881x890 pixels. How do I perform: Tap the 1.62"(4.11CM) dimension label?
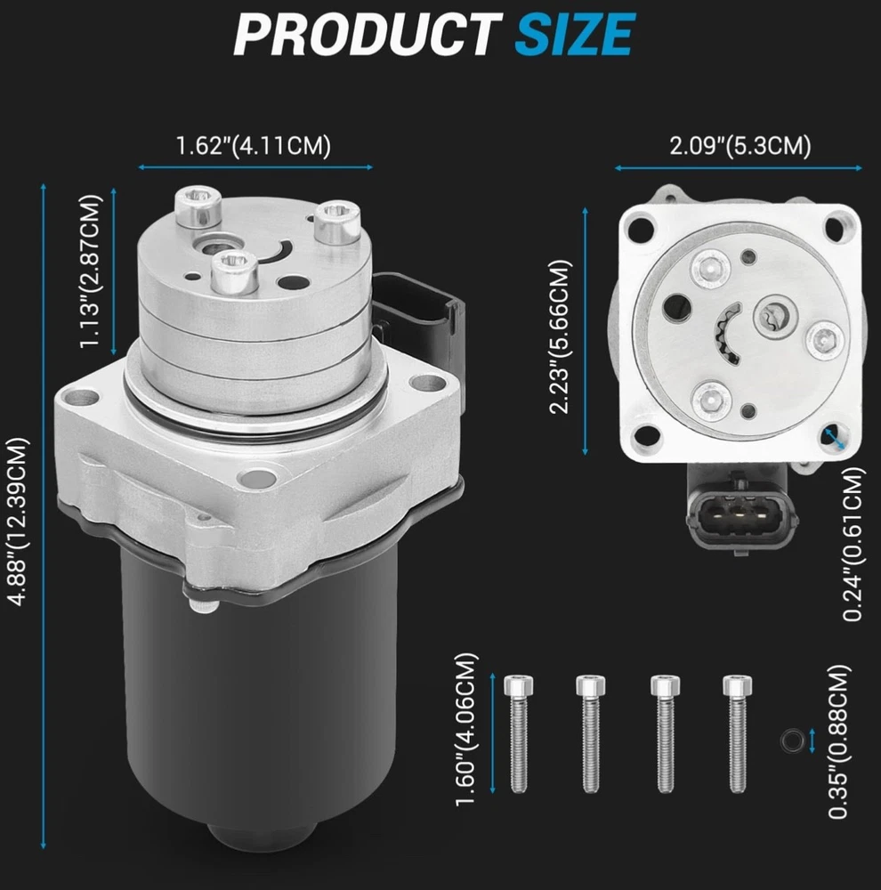[253, 146]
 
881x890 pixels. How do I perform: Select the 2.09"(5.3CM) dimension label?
[740, 146]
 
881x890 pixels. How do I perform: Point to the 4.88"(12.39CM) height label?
[18, 522]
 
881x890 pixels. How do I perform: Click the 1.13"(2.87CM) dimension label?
[91, 271]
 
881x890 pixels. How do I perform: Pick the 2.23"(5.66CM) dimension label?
[560, 336]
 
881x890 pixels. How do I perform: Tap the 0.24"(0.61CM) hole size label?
[853, 544]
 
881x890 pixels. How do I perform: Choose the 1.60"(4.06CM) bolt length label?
[466, 729]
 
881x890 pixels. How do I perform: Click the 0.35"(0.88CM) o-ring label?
[839, 741]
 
